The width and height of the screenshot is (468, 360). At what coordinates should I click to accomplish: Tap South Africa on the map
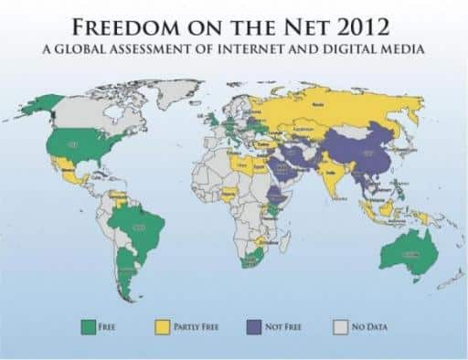point(248,259)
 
